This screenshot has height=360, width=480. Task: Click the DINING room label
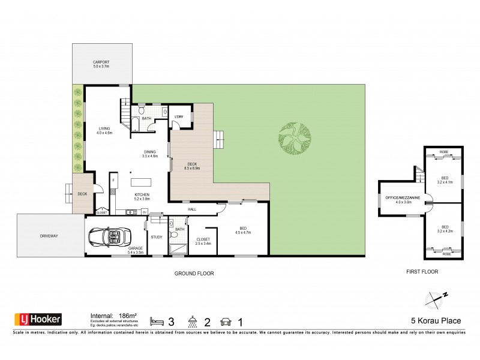tap(149, 154)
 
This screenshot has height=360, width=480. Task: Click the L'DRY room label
tap(178, 116)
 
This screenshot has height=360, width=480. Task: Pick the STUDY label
tap(157, 236)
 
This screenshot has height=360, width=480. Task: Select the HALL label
tap(193, 209)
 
